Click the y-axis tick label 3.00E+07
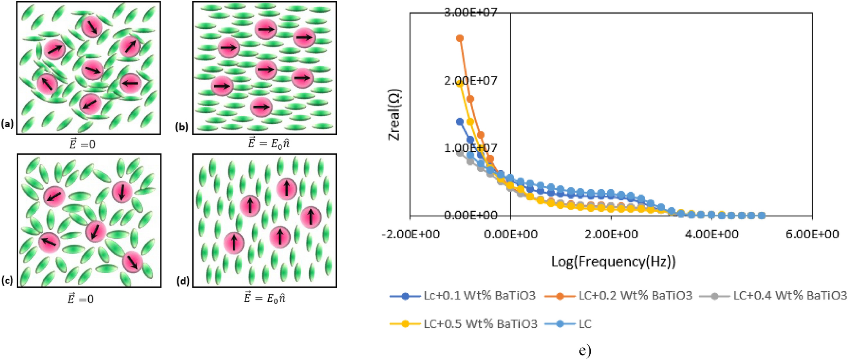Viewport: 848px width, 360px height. click(470, 12)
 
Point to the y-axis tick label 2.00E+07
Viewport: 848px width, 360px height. click(470, 80)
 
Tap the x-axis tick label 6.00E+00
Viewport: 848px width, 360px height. click(812, 234)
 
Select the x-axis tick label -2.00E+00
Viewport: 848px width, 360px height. click(410, 234)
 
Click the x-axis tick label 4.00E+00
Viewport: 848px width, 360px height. click(712, 234)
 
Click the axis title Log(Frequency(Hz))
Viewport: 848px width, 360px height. click(613, 262)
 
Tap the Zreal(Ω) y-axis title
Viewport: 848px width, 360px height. click(395, 114)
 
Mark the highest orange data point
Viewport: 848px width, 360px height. click(460, 38)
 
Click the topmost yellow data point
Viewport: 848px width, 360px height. click(460, 83)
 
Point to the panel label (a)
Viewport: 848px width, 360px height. click(7, 124)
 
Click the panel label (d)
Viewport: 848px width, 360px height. click(183, 281)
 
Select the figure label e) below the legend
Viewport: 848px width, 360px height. click(585, 350)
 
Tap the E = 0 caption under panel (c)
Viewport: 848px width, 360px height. click(81, 299)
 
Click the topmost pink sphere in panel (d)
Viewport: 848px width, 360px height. click(286, 188)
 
